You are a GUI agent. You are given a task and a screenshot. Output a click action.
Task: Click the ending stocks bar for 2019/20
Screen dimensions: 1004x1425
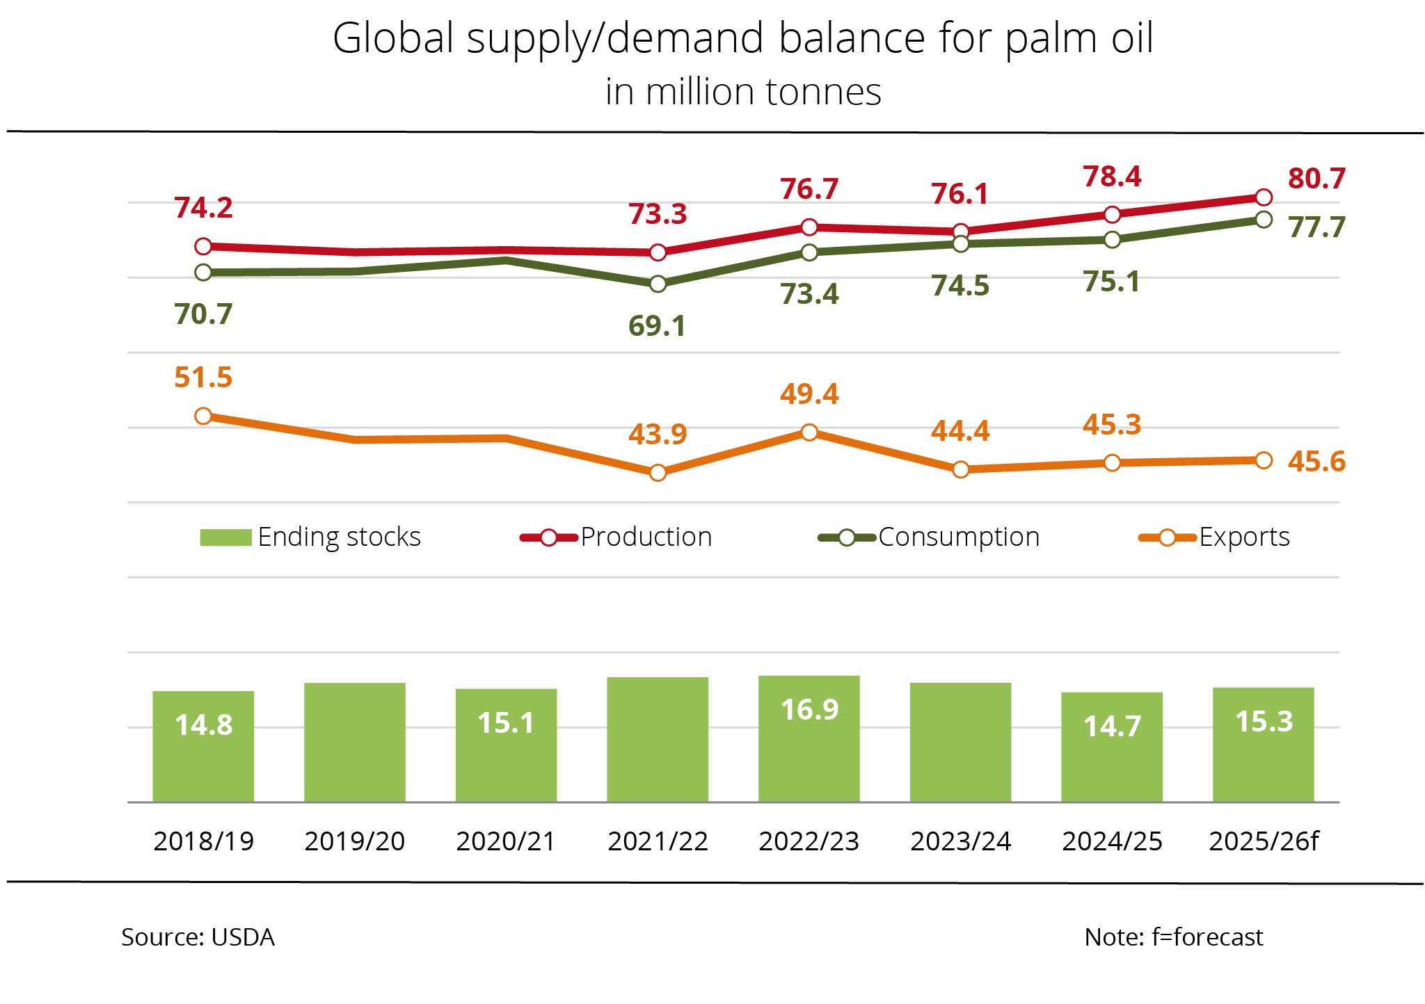(355, 742)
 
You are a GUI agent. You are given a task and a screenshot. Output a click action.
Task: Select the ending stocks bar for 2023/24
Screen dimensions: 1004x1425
(960, 742)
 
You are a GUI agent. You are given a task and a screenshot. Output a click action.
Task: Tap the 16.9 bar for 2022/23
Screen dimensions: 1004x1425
(809, 738)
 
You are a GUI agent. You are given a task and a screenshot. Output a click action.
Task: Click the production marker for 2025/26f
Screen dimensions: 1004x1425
(1264, 197)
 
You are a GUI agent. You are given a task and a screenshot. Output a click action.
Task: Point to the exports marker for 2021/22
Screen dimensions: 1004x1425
(658, 473)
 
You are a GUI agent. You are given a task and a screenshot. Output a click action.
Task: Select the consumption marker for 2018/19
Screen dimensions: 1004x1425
(203, 273)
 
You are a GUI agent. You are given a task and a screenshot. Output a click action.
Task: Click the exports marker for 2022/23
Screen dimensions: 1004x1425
(809, 432)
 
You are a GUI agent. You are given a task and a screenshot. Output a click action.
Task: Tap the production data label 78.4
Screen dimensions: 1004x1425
(1112, 177)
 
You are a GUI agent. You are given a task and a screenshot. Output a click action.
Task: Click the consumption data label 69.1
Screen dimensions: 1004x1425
(657, 326)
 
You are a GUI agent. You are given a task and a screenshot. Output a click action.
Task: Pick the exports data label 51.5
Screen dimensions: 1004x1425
(203, 378)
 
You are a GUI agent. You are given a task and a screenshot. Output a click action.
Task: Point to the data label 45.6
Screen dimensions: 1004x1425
(1316, 462)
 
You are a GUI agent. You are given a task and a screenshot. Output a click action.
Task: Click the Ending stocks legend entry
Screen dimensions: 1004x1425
(311, 537)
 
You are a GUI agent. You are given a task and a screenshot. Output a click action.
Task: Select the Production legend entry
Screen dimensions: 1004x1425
(616, 537)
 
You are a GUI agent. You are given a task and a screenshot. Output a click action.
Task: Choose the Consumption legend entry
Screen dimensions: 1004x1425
(929, 537)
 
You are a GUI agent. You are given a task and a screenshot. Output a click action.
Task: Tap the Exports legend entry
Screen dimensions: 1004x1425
(1214, 537)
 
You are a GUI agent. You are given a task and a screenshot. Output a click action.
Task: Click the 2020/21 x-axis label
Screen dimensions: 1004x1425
(506, 841)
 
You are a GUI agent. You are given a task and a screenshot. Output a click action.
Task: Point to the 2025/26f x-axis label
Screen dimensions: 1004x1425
(1264, 841)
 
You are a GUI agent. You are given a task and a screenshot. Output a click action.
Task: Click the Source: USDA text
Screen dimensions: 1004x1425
(198, 937)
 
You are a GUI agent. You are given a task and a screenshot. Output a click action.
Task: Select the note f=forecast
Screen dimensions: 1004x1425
(1173, 937)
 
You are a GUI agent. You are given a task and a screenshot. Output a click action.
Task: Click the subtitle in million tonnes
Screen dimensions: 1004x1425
(743, 92)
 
